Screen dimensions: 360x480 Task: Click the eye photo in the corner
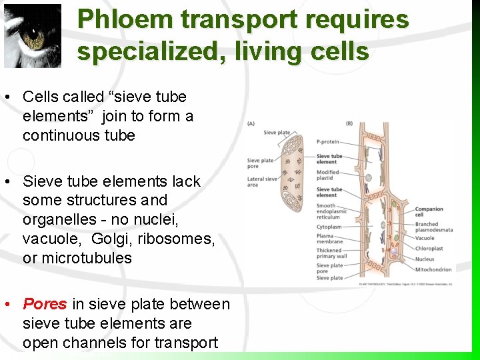point(31,35)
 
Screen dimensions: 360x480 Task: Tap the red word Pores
point(45,305)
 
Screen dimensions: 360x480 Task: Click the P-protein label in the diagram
point(328,141)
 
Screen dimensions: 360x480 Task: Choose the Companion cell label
point(429,212)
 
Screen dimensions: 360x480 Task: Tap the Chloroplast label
point(429,249)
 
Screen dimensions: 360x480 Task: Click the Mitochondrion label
point(433,269)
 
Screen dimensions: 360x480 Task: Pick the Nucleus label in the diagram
point(425,259)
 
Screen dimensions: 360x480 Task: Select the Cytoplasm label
point(329,227)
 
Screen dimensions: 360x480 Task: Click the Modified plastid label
point(328,175)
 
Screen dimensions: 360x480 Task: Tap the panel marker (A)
point(251,123)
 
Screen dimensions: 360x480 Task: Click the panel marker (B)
point(349,123)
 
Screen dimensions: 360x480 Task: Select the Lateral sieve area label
point(262,182)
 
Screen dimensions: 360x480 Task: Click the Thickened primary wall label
point(331,253)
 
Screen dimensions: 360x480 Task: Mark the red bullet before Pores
point(6,305)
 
